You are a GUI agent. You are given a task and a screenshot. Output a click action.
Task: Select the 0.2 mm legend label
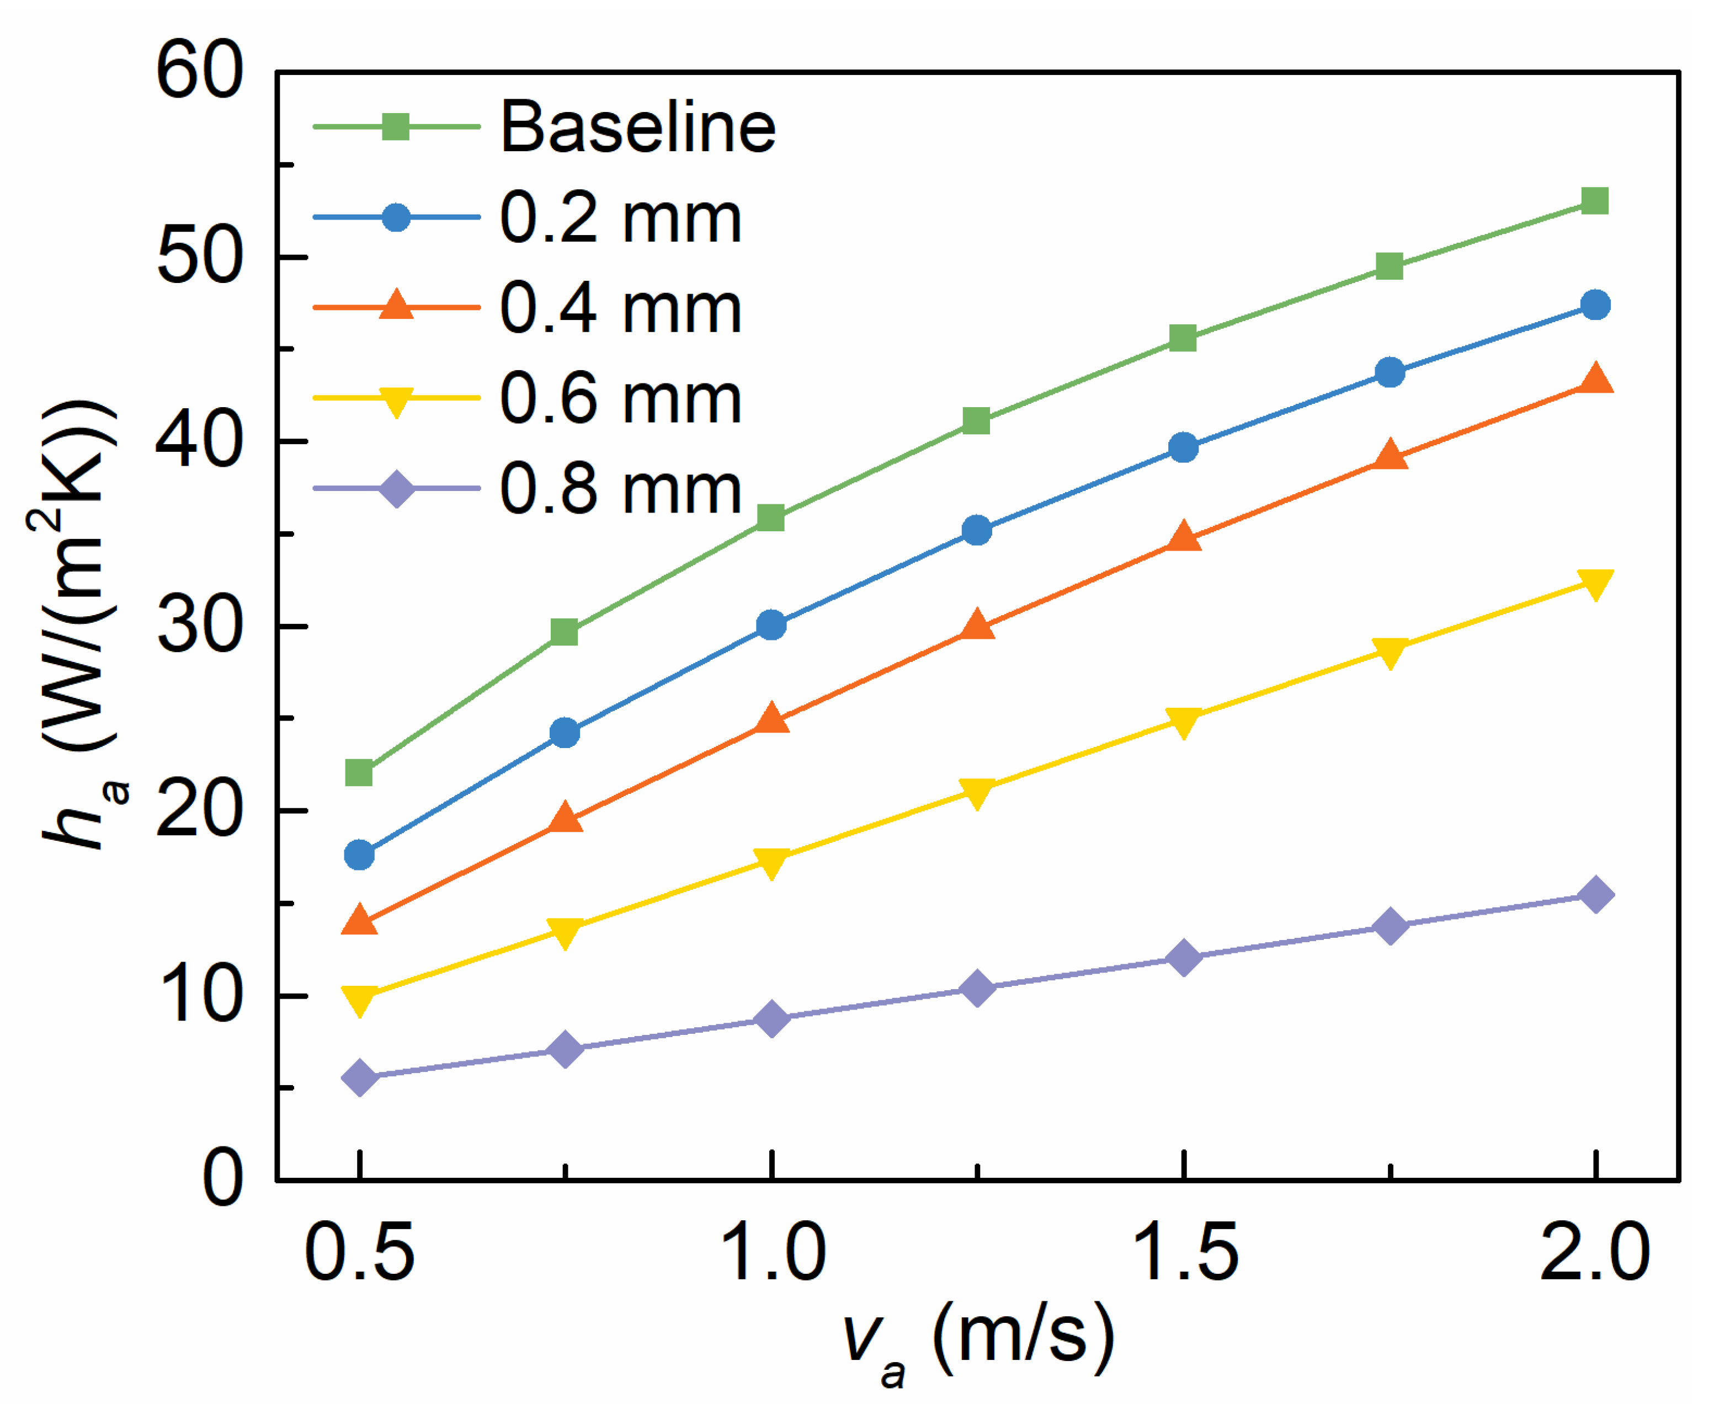620,218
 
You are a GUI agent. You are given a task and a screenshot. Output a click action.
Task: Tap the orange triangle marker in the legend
396,305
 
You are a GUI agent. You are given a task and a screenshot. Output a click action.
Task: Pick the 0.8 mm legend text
620,489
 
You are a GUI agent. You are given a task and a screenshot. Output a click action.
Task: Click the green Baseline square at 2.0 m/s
1594,201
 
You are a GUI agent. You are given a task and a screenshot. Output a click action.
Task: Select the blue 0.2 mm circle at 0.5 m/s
359,855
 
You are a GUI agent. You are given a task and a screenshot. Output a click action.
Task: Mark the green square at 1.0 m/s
771,517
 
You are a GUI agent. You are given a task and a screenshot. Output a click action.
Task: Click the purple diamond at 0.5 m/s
360,1077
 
